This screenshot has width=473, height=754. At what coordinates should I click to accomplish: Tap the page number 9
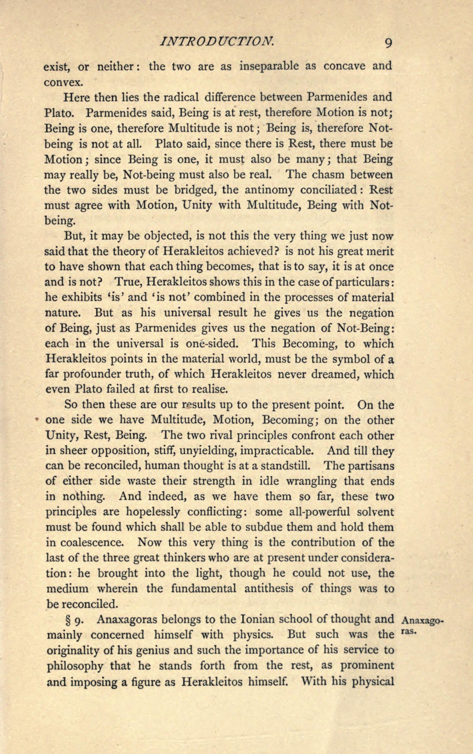coord(388,42)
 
